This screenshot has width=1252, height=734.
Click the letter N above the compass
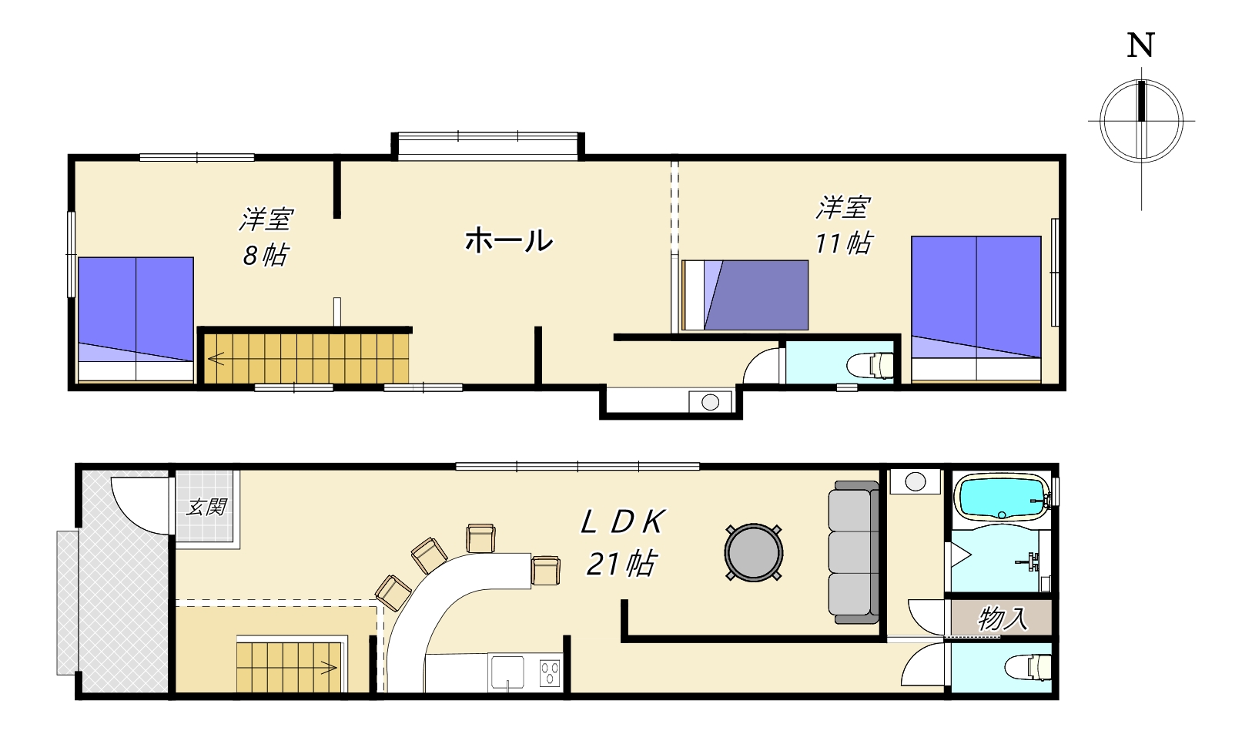pyautogui.click(x=1140, y=45)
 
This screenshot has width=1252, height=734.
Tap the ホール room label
pyautogui.click(x=509, y=241)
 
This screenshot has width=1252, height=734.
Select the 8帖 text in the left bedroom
pyautogui.click(x=265, y=256)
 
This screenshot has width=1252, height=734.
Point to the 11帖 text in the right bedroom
pyautogui.click(x=843, y=243)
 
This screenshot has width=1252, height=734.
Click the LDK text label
pyautogui.click(x=622, y=522)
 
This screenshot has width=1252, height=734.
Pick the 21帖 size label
pyautogui.click(x=621, y=564)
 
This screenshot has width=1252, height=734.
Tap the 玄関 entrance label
pyautogui.click(x=206, y=508)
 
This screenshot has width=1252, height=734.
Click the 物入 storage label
pyautogui.click(x=1003, y=618)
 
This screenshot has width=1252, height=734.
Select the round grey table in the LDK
pyautogui.click(x=754, y=552)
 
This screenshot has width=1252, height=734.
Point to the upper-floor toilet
pyautogui.click(x=870, y=366)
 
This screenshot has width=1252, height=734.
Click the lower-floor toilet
pyautogui.click(x=1029, y=668)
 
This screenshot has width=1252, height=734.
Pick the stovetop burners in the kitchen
pyautogui.click(x=550, y=673)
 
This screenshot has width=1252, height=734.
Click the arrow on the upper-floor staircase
pyautogui.click(x=216, y=358)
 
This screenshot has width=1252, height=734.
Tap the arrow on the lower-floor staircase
pyautogui.click(x=328, y=668)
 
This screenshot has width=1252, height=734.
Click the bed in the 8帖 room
pyautogui.click(x=136, y=319)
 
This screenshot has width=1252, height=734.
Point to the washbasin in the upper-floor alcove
pyautogui.click(x=710, y=402)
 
